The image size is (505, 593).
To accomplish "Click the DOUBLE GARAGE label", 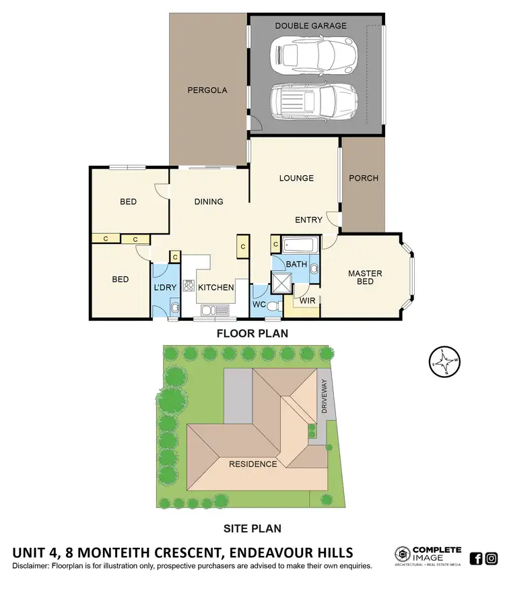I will point(311,26).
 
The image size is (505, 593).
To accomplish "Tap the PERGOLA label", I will point(207,90).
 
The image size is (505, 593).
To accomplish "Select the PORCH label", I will point(364,179).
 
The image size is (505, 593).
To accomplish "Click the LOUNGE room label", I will point(297,179).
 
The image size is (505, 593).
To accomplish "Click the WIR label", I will point(308,300).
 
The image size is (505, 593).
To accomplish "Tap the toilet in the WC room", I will point(273,306).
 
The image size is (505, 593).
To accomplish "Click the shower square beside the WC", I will point(281,284).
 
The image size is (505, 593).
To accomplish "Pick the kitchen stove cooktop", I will point(189,285).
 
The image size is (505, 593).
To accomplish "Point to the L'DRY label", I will point(165,288).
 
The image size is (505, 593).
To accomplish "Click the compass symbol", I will point(444,362).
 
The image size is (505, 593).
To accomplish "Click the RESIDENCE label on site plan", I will point(252,464).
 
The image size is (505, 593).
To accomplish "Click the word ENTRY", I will point(308,220).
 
